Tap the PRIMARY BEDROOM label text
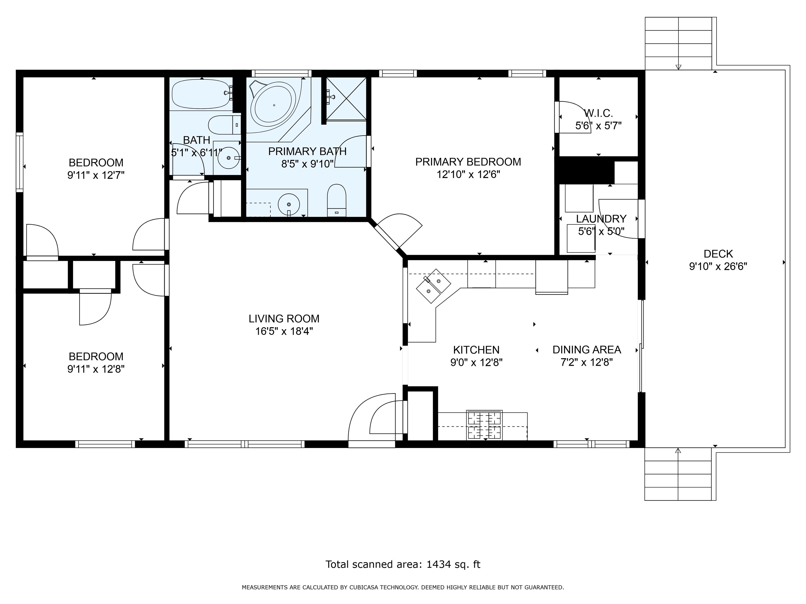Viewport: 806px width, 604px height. point(468,162)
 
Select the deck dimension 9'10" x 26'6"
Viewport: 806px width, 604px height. point(718,267)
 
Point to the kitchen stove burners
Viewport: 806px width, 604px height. point(484,425)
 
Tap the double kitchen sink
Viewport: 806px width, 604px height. point(434,286)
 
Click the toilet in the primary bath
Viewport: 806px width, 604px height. point(336,200)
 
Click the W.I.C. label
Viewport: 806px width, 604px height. point(598,113)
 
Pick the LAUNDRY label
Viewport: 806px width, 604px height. point(601,219)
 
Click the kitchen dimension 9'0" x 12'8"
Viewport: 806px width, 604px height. point(476,363)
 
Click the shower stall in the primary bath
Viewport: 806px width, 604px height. point(346,98)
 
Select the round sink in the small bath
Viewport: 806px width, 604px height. point(229,158)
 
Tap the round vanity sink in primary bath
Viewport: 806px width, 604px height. point(289,204)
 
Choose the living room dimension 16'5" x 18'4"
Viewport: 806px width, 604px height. point(284,331)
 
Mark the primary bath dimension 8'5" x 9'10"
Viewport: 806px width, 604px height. point(307,164)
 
